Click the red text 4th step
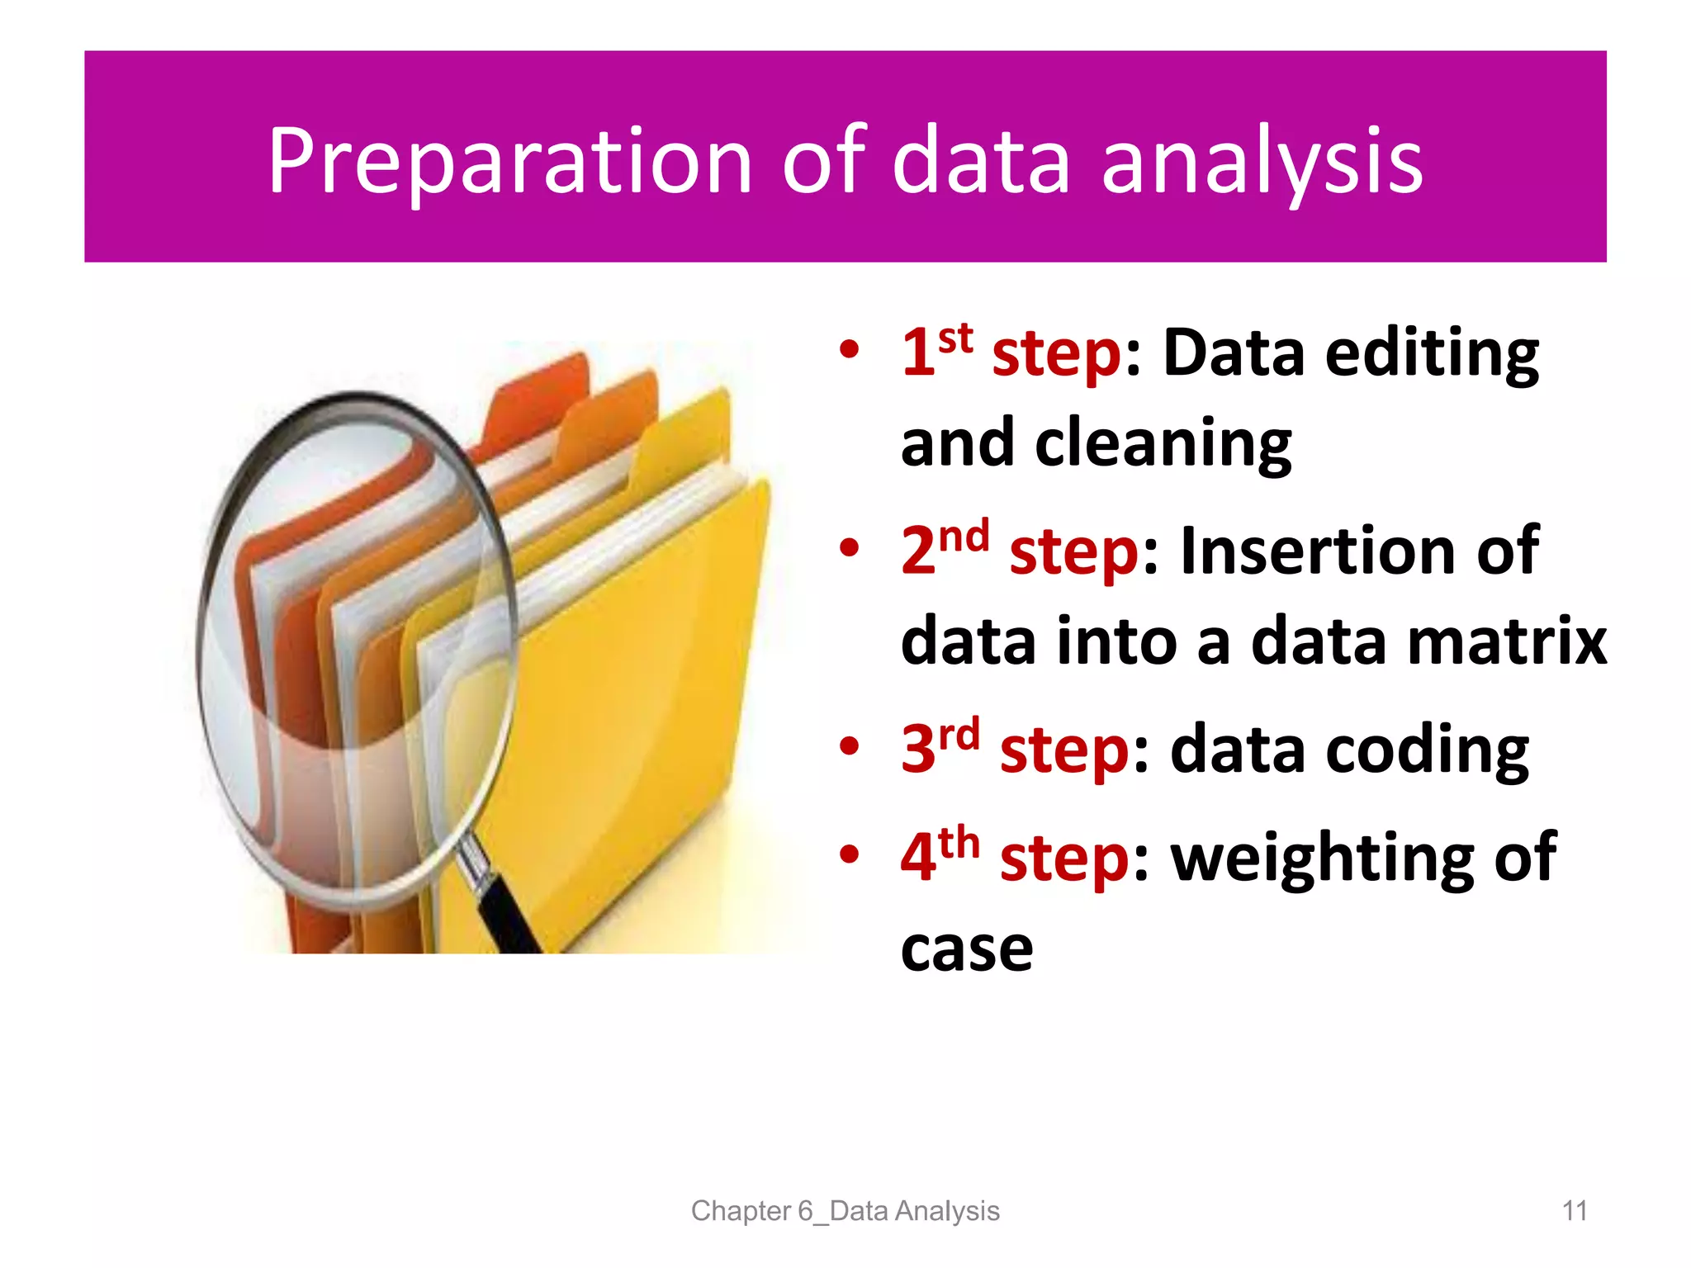point(1015,857)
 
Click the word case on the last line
point(966,949)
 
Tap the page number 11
point(1575,1211)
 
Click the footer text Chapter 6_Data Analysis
point(845,1211)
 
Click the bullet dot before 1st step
point(849,350)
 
